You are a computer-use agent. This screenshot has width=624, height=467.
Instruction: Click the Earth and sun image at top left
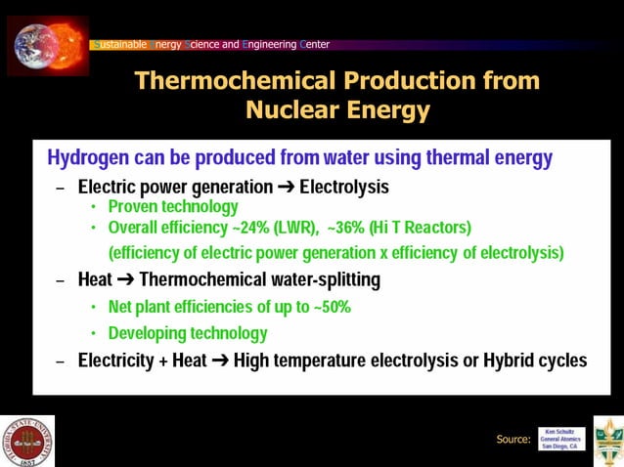click(48, 44)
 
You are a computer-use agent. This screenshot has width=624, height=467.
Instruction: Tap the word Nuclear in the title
click(290, 109)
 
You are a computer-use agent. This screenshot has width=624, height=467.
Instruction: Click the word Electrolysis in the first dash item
click(344, 187)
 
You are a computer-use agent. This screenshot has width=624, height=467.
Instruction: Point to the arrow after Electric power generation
click(284, 187)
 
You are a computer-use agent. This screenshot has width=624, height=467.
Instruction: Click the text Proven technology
click(173, 207)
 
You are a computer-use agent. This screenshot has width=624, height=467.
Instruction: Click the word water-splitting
click(320, 280)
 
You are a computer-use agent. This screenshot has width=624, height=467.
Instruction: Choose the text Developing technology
click(188, 333)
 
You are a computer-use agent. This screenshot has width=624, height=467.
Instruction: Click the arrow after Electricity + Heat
click(220, 361)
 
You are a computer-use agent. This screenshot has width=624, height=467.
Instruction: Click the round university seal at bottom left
click(27, 441)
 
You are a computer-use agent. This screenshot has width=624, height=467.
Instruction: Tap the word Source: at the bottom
click(513, 440)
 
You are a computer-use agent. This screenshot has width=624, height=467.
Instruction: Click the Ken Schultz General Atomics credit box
click(561, 439)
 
